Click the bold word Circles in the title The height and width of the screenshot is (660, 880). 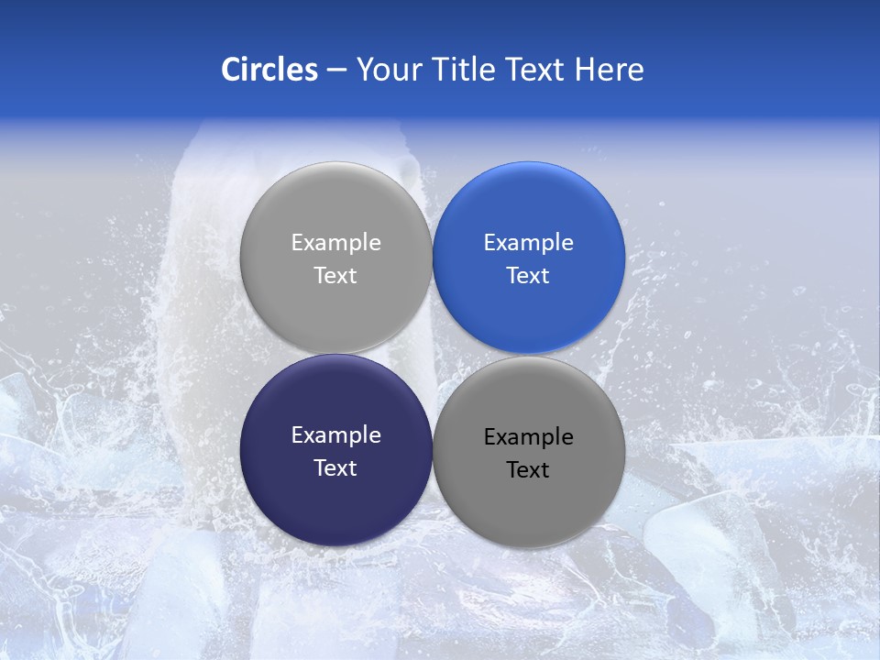click(269, 70)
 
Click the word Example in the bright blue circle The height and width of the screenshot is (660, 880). click(528, 243)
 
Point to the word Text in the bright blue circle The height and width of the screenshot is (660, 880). click(528, 276)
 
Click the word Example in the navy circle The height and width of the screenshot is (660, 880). click(335, 435)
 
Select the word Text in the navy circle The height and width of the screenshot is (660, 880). click(335, 468)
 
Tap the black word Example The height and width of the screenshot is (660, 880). click(528, 437)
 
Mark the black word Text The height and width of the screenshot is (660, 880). click(528, 470)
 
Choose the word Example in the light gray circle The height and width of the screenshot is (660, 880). click(335, 243)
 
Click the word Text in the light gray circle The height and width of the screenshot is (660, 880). click(335, 276)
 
